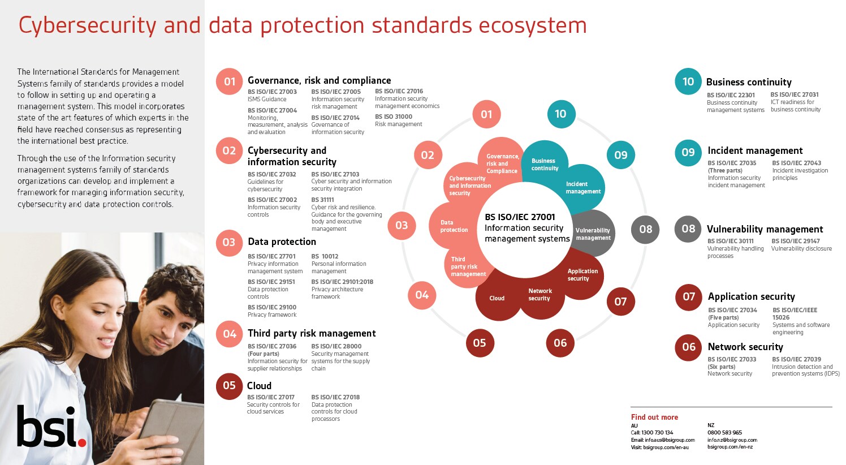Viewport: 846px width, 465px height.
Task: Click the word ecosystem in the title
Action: pyautogui.click(x=533, y=25)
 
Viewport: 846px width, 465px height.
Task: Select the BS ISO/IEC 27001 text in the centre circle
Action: pyautogui.click(x=520, y=217)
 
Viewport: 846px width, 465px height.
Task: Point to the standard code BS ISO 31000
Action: pyautogui.click(x=394, y=117)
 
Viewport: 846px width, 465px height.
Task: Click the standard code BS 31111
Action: pyautogui.click(x=322, y=200)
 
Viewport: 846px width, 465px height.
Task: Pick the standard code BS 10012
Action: pyautogui.click(x=325, y=256)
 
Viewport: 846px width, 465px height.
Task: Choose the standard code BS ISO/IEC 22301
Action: pyautogui.click(x=731, y=95)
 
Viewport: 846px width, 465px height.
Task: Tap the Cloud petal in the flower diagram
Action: pyautogui.click(x=497, y=297)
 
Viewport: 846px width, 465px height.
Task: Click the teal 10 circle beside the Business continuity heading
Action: pyautogui.click(x=688, y=81)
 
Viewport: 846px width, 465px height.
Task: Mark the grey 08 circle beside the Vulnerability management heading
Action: pyautogui.click(x=688, y=229)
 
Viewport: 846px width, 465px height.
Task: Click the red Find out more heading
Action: pyautogui.click(x=654, y=417)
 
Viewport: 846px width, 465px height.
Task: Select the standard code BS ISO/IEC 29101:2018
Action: pyautogui.click(x=342, y=282)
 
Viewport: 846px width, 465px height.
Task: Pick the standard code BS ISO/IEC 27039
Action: pyautogui.click(x=797, y=359)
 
